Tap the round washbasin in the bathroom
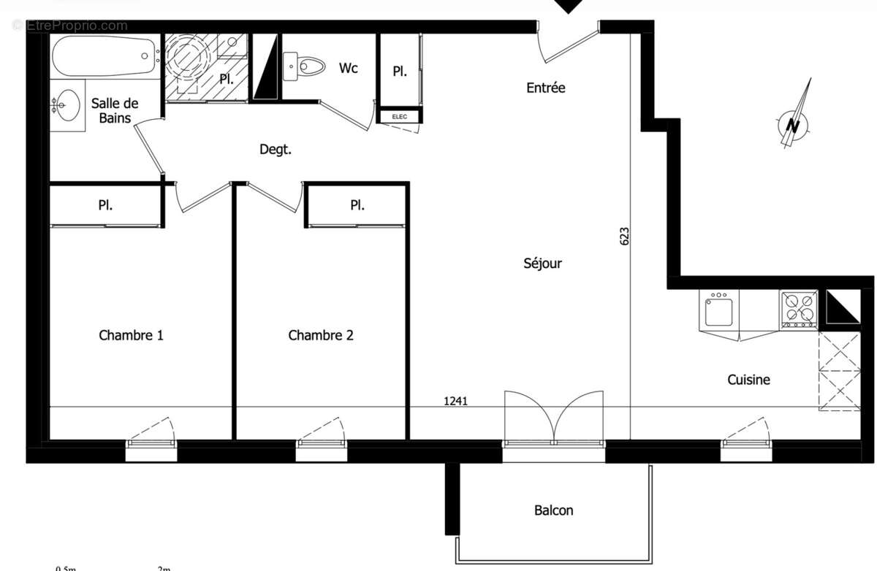tap(66, 106)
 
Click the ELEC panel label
tap(399, 116)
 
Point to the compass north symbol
tap(793, 123)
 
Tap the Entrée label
tap(546, 88)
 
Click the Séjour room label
tap(542, 263)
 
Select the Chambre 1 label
tap(131, 335)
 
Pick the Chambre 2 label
tap(321, 335)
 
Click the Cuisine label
tap(748, 380)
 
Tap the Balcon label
tap(553, 510)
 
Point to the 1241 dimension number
tap(455, 400)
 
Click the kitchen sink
tap(719, 310)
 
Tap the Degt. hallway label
tap(276, 150)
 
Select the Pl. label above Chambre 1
tap(105, 205)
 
